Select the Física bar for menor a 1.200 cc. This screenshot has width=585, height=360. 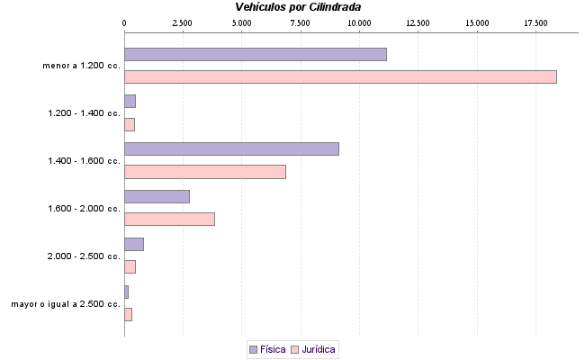(255, 54)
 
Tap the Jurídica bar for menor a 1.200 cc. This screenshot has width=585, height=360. (340, 76)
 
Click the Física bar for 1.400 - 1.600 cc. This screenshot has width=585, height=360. (231, 148)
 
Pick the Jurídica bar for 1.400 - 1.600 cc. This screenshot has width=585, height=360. (204, 171)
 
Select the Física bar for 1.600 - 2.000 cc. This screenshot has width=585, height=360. (157, 196)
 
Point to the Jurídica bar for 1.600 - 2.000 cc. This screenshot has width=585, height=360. (169, 219)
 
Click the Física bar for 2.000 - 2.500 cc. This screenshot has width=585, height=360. (134, 244)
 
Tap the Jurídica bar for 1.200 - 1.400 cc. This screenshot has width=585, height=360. (130, 124)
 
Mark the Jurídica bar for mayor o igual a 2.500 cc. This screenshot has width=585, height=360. (128, 314)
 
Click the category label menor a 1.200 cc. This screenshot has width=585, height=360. (81, 66)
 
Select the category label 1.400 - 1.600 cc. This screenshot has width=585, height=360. (84, 161)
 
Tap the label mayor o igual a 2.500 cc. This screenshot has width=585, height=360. (66, 304)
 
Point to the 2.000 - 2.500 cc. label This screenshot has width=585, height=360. (84, 256)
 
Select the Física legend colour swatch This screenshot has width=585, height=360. (253, 348)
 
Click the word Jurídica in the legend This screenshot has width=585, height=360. (319, 348)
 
